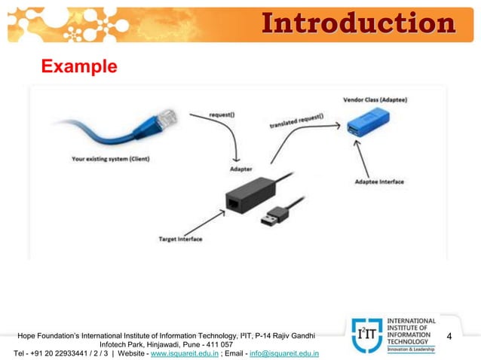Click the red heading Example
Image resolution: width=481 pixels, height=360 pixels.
[79, 67]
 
